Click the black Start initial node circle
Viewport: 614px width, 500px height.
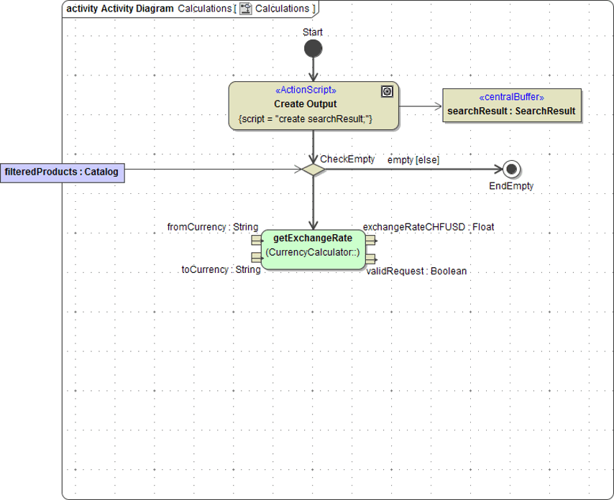pos(313,49)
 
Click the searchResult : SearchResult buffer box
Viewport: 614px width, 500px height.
pos(511,106)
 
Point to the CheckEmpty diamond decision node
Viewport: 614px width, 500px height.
pos(313,170)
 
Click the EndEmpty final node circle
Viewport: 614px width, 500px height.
pos(512,170)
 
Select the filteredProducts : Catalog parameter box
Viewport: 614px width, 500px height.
pos(62,172)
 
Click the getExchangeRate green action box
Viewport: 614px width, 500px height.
pos(313,249)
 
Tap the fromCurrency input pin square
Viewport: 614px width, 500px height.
pos(256,240)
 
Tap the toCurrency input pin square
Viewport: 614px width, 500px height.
pos(256,257)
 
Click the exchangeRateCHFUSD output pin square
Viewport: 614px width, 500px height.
pos(370,240)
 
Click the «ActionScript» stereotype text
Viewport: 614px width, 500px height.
pos(306,91)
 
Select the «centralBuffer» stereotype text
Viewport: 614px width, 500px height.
pos(511,97)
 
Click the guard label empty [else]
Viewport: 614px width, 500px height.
pos(413,159)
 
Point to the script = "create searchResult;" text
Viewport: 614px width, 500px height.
pos(305,119)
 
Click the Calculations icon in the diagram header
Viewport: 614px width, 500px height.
pos(246,9)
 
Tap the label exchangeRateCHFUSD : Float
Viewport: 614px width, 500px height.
pos(429,227)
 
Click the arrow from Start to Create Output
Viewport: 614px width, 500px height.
pos(313,70)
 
